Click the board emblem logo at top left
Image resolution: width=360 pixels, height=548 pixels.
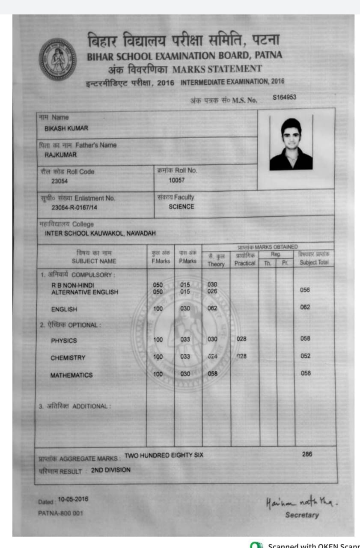coord(57,59)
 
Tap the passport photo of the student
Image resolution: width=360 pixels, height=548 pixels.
coord(291,144)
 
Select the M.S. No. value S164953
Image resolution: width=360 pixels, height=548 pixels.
coord(285,97)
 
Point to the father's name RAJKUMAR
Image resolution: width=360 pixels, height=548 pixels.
coord(61,155)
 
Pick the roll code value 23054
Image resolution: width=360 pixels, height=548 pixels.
coord(60,181)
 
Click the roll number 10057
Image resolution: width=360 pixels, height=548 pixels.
coord(176,180)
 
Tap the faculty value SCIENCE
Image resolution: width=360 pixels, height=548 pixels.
coord(181,207)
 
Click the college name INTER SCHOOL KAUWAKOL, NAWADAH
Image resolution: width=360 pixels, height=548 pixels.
coord(100,233)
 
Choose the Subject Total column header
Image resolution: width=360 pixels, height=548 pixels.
coord(314,262)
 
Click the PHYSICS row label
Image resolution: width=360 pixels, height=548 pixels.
coord(64,341)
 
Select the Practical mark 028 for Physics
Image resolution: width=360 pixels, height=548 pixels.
coord(241,339)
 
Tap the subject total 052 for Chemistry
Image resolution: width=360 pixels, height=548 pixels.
coord(305,356)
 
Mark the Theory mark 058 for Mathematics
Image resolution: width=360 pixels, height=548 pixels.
coord(212,373)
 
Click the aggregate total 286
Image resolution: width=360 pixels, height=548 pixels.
coord(307,454)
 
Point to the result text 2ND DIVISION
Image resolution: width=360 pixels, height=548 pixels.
coord(111,470)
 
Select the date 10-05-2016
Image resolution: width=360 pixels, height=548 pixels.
coord(73,499)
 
